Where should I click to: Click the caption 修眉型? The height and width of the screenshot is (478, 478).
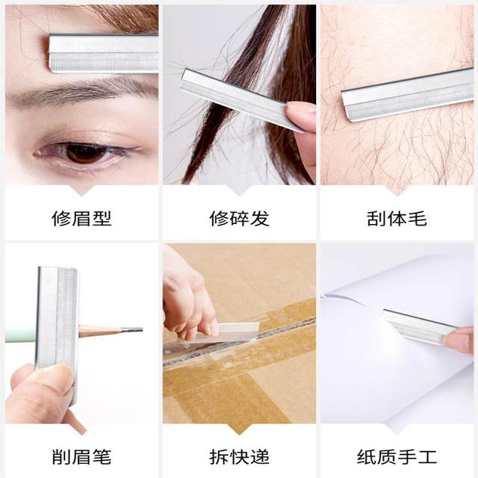81,219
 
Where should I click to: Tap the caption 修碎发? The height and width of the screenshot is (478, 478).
239,219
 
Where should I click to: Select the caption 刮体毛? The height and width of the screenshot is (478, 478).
397,219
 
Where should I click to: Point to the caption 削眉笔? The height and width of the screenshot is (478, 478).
81,456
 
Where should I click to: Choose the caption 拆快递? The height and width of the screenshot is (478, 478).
239,456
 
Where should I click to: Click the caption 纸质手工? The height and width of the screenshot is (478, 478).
397,456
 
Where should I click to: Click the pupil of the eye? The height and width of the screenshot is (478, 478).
84,152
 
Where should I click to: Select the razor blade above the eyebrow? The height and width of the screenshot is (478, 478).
105,53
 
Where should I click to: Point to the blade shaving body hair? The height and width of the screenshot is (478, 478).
407,94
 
